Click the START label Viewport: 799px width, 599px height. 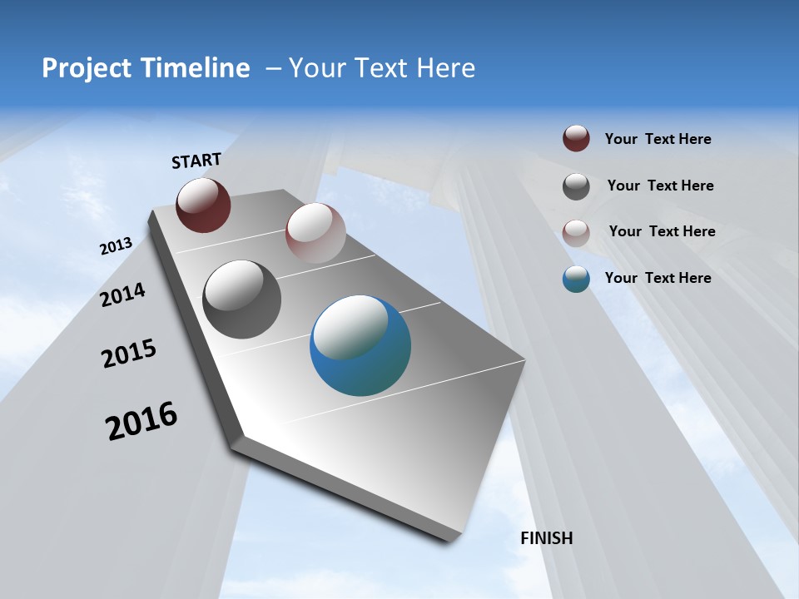pos(196,161)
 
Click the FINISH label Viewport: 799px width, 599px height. pos(547,538)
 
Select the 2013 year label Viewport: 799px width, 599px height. pos(116,246)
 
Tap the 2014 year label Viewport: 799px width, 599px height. pos(122,295)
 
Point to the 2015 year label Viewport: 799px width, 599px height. pos(129,354)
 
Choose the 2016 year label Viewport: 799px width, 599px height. pos(141,420)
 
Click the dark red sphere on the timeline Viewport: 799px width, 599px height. pos(203,205)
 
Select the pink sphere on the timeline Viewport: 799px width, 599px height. pos(315,233)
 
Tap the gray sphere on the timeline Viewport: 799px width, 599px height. pos(241,299)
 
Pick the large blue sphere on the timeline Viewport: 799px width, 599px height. pos(360,345)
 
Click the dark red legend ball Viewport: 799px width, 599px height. pos(576,139)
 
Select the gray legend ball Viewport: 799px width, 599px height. pos(576,186)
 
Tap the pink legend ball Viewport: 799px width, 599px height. pos(576,232)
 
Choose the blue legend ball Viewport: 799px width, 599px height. pos(576,279)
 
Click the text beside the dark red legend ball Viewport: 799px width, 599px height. pos(658,139)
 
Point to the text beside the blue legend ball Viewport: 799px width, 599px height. pos(658,278)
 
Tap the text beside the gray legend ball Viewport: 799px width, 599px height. pos(660,186)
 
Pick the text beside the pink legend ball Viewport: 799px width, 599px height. pos(662,231)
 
